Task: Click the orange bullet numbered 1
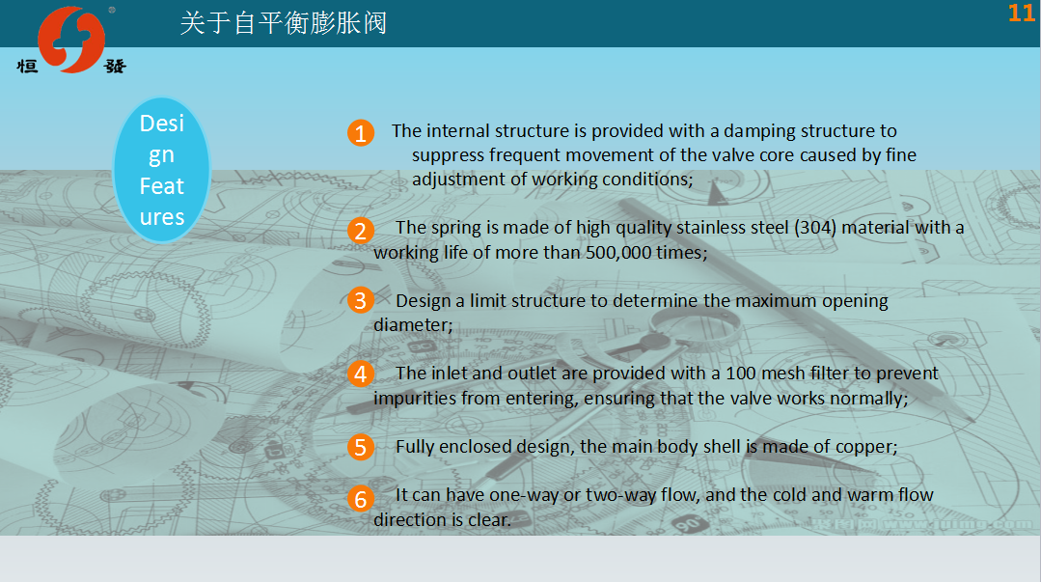(x=361, y=133)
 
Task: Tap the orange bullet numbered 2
(x=361, y=231)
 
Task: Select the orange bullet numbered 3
(x=361, y=300)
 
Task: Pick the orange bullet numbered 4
(x=361, y=374)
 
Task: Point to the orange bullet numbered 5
(x=361, y=447)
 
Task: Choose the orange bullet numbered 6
(x=361, y=498)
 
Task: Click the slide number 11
(x=1021, y=14)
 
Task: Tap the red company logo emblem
(x=71, y=40)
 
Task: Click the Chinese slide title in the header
(x=284, y=23)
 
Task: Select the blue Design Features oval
(x=162, y=170)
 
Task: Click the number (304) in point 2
(x=815, y=228)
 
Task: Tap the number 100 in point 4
(x=740, y=374)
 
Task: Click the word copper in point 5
(x=865, y=447)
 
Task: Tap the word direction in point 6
(x=406, y=519)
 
